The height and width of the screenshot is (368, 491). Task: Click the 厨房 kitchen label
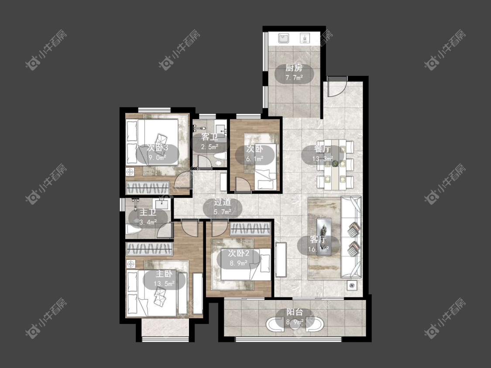click(294, 68)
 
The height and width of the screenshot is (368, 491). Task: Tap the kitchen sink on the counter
click(284, 38)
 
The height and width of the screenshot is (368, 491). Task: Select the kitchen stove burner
click(305, 38)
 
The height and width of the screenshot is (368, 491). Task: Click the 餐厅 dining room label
click(323, 149)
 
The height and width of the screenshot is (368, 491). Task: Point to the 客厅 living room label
click(319, 239)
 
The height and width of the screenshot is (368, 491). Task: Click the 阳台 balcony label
click(295, 312)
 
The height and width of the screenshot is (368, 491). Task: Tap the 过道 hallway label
click(222, 202)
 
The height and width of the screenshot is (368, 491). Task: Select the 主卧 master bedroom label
click(164, 274)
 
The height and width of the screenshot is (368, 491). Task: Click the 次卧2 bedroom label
click(238, 253)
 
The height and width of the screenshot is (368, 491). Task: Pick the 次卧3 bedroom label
click(158, 147)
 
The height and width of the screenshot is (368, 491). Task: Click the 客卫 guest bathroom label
click(209, 137)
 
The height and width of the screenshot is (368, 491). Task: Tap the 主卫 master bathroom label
click(148, 212)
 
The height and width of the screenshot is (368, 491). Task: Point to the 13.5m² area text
click(164, 284)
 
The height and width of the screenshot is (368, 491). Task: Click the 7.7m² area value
click(294, 78)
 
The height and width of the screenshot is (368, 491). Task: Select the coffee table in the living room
click(324, 237)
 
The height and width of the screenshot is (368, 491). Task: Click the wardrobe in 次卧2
click(250, 229)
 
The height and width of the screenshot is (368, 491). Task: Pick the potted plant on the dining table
click(335, 164)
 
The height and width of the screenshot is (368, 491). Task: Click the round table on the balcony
click(295, 324)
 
